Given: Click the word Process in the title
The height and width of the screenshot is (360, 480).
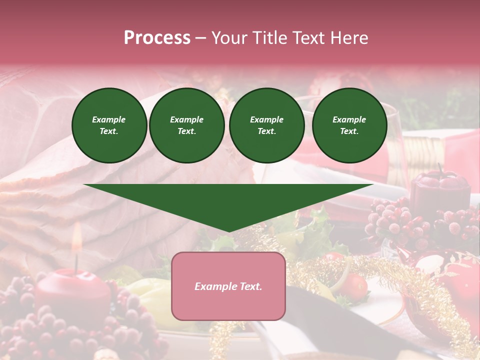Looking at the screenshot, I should click(157, 38).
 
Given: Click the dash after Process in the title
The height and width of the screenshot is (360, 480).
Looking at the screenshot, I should click(200, 38).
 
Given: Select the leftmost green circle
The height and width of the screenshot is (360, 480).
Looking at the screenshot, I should click(109, 125).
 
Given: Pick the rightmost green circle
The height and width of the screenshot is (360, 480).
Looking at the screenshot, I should click(349, 125).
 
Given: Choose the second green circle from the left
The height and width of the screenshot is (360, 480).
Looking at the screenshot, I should click(187, 125).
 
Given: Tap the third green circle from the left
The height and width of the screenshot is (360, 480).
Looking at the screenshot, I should click(267, 125).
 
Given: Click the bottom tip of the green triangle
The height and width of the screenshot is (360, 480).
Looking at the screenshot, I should click(228, 230).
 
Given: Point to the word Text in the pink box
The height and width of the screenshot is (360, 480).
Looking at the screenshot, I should click(250, 286).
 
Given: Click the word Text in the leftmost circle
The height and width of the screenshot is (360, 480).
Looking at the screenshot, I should click(109, 131).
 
